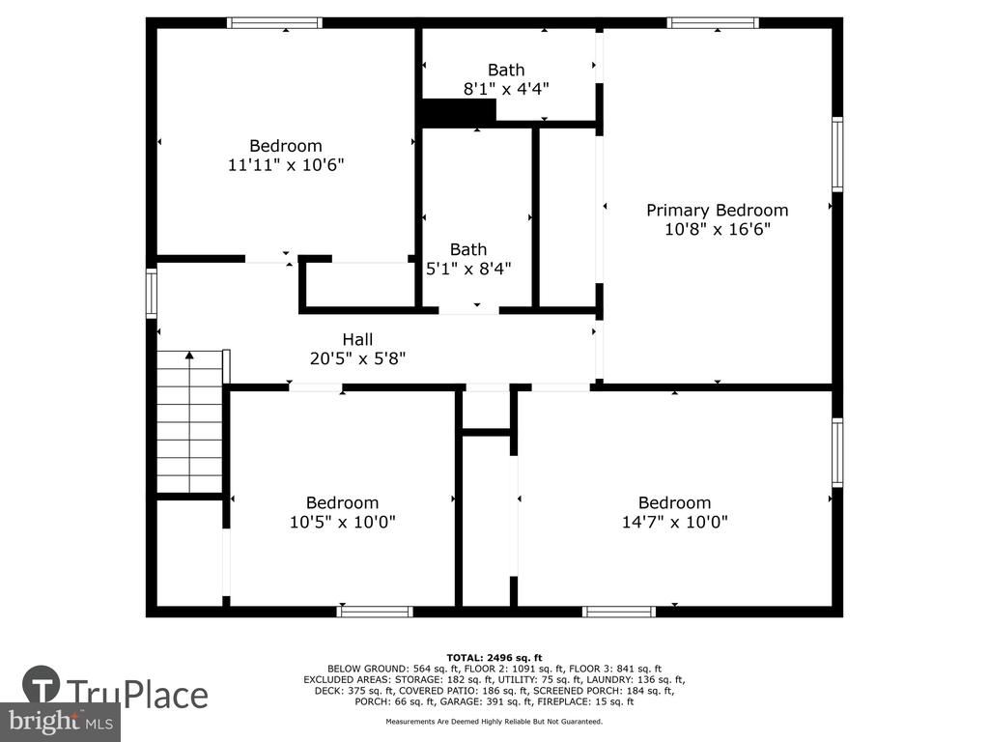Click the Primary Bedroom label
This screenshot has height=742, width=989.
718,210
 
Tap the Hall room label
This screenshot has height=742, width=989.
357,339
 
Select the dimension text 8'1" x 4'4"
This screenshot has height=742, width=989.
506,89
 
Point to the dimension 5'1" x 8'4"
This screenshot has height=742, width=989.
468,269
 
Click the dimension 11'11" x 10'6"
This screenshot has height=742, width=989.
286,164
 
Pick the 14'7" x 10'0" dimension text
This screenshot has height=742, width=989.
675,522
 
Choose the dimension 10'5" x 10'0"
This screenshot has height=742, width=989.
343,522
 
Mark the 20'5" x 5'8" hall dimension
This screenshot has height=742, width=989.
357,358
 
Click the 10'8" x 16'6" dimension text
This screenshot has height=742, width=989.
718,228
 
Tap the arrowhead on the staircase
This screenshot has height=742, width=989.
189,356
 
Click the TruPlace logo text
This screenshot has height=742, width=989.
138,695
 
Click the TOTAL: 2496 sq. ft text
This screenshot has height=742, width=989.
494,657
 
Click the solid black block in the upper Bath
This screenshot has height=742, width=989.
459,112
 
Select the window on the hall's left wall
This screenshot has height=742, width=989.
152,293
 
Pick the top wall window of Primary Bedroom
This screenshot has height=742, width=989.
713,23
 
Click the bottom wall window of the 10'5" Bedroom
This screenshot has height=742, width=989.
375,612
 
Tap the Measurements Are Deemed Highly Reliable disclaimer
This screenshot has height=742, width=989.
494,721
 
